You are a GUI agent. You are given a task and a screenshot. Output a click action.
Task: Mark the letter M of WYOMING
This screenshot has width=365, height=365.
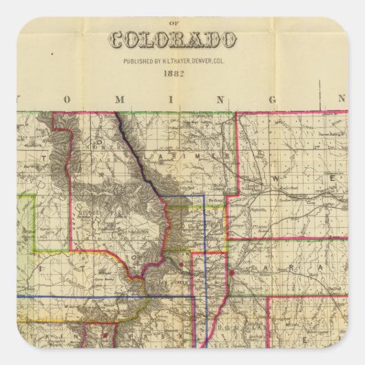[118, 99]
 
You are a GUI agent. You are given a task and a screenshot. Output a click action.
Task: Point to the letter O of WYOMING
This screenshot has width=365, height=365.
[67, 99]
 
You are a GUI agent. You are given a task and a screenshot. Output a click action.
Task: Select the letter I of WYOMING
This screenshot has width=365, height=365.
[170, 99]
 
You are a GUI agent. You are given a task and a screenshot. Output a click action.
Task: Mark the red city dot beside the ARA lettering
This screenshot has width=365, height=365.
[231, 272]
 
